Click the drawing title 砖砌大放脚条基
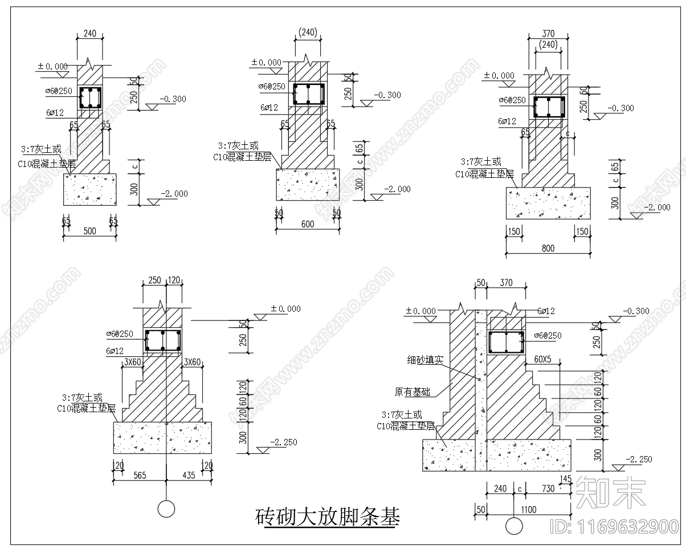(328, 517)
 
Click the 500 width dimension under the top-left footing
(89, 231)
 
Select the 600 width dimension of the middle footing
(307, 225)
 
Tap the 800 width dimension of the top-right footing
(548, 248)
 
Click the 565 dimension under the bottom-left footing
(139, 475)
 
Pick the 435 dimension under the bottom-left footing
(188, 475)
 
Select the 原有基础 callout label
(413, 392)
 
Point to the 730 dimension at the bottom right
(548, 489)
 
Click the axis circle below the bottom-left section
(166, 508)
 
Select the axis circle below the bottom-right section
(514, 526)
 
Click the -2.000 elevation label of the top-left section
(174, 194)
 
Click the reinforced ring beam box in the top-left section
(90, 98)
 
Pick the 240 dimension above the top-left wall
(90, 34)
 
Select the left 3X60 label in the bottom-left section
(132, 361)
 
